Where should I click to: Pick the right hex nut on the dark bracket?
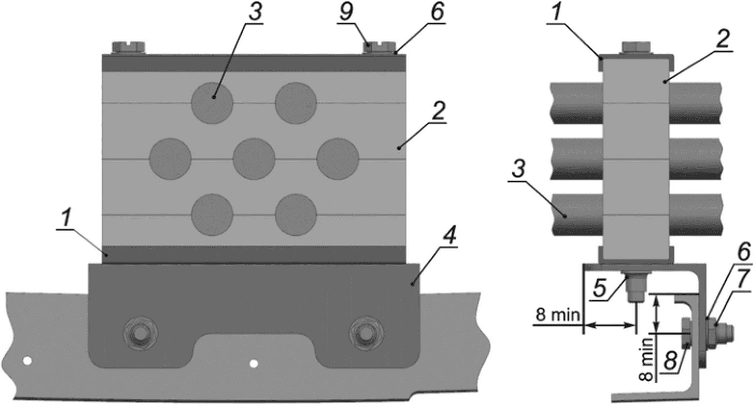coord(366,333)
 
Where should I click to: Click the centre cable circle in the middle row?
coord(254,159)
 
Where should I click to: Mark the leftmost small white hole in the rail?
coord(27,361)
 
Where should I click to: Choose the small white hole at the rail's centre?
coord(254,364)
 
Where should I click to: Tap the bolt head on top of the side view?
coord(636,47)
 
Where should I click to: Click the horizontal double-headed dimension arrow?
coord(609,325)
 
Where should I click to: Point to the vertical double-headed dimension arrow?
coord(656,315)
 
